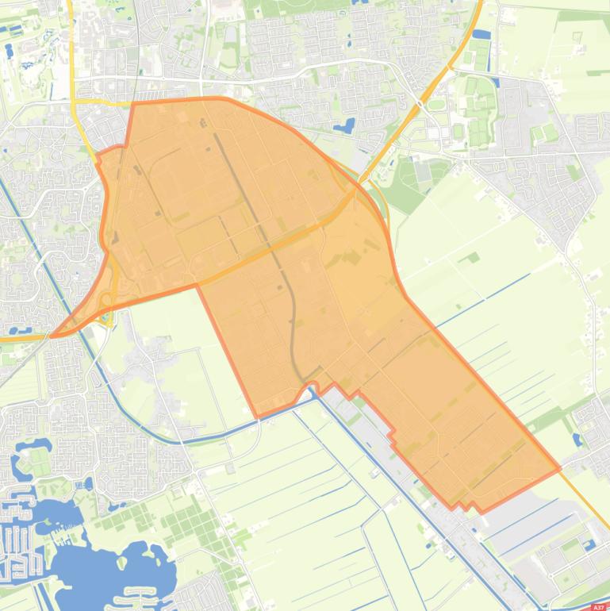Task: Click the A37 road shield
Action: tap(598, 606)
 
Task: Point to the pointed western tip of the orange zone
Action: tap(52, 336)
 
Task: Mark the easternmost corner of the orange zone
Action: tap(559, 468)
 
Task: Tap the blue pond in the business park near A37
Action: tap(589, 544)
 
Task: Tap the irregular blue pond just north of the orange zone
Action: tap(345, 126)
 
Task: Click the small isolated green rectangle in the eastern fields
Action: tap(473, 257)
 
